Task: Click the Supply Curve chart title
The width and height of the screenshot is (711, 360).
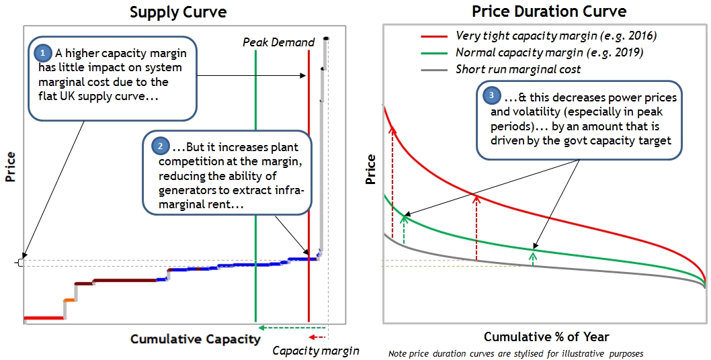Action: (x=177, y=12)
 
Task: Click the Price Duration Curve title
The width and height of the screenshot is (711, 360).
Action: (x=548, y=11)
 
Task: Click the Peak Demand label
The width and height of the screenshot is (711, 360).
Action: (x=278, y=42)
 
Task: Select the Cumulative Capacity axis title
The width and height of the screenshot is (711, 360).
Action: (x=195, y=339)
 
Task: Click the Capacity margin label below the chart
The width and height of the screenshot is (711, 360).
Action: (x=315, y=351)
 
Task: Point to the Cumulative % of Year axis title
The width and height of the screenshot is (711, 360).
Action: (x=546, y=336)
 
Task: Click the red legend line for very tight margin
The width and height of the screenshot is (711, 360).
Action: (x=434, y=36)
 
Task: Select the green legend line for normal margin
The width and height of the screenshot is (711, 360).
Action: (x=434, y=52)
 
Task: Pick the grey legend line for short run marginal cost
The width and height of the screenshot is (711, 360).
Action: (x=434, y=69)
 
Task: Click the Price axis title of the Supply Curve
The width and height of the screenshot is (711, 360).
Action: (x=10, y=167)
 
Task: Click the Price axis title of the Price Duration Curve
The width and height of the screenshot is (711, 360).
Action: (x=370, y=169)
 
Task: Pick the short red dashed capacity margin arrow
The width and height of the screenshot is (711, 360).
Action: (x=317, y=338)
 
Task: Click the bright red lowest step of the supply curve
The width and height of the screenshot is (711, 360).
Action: (x=43, y=317)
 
